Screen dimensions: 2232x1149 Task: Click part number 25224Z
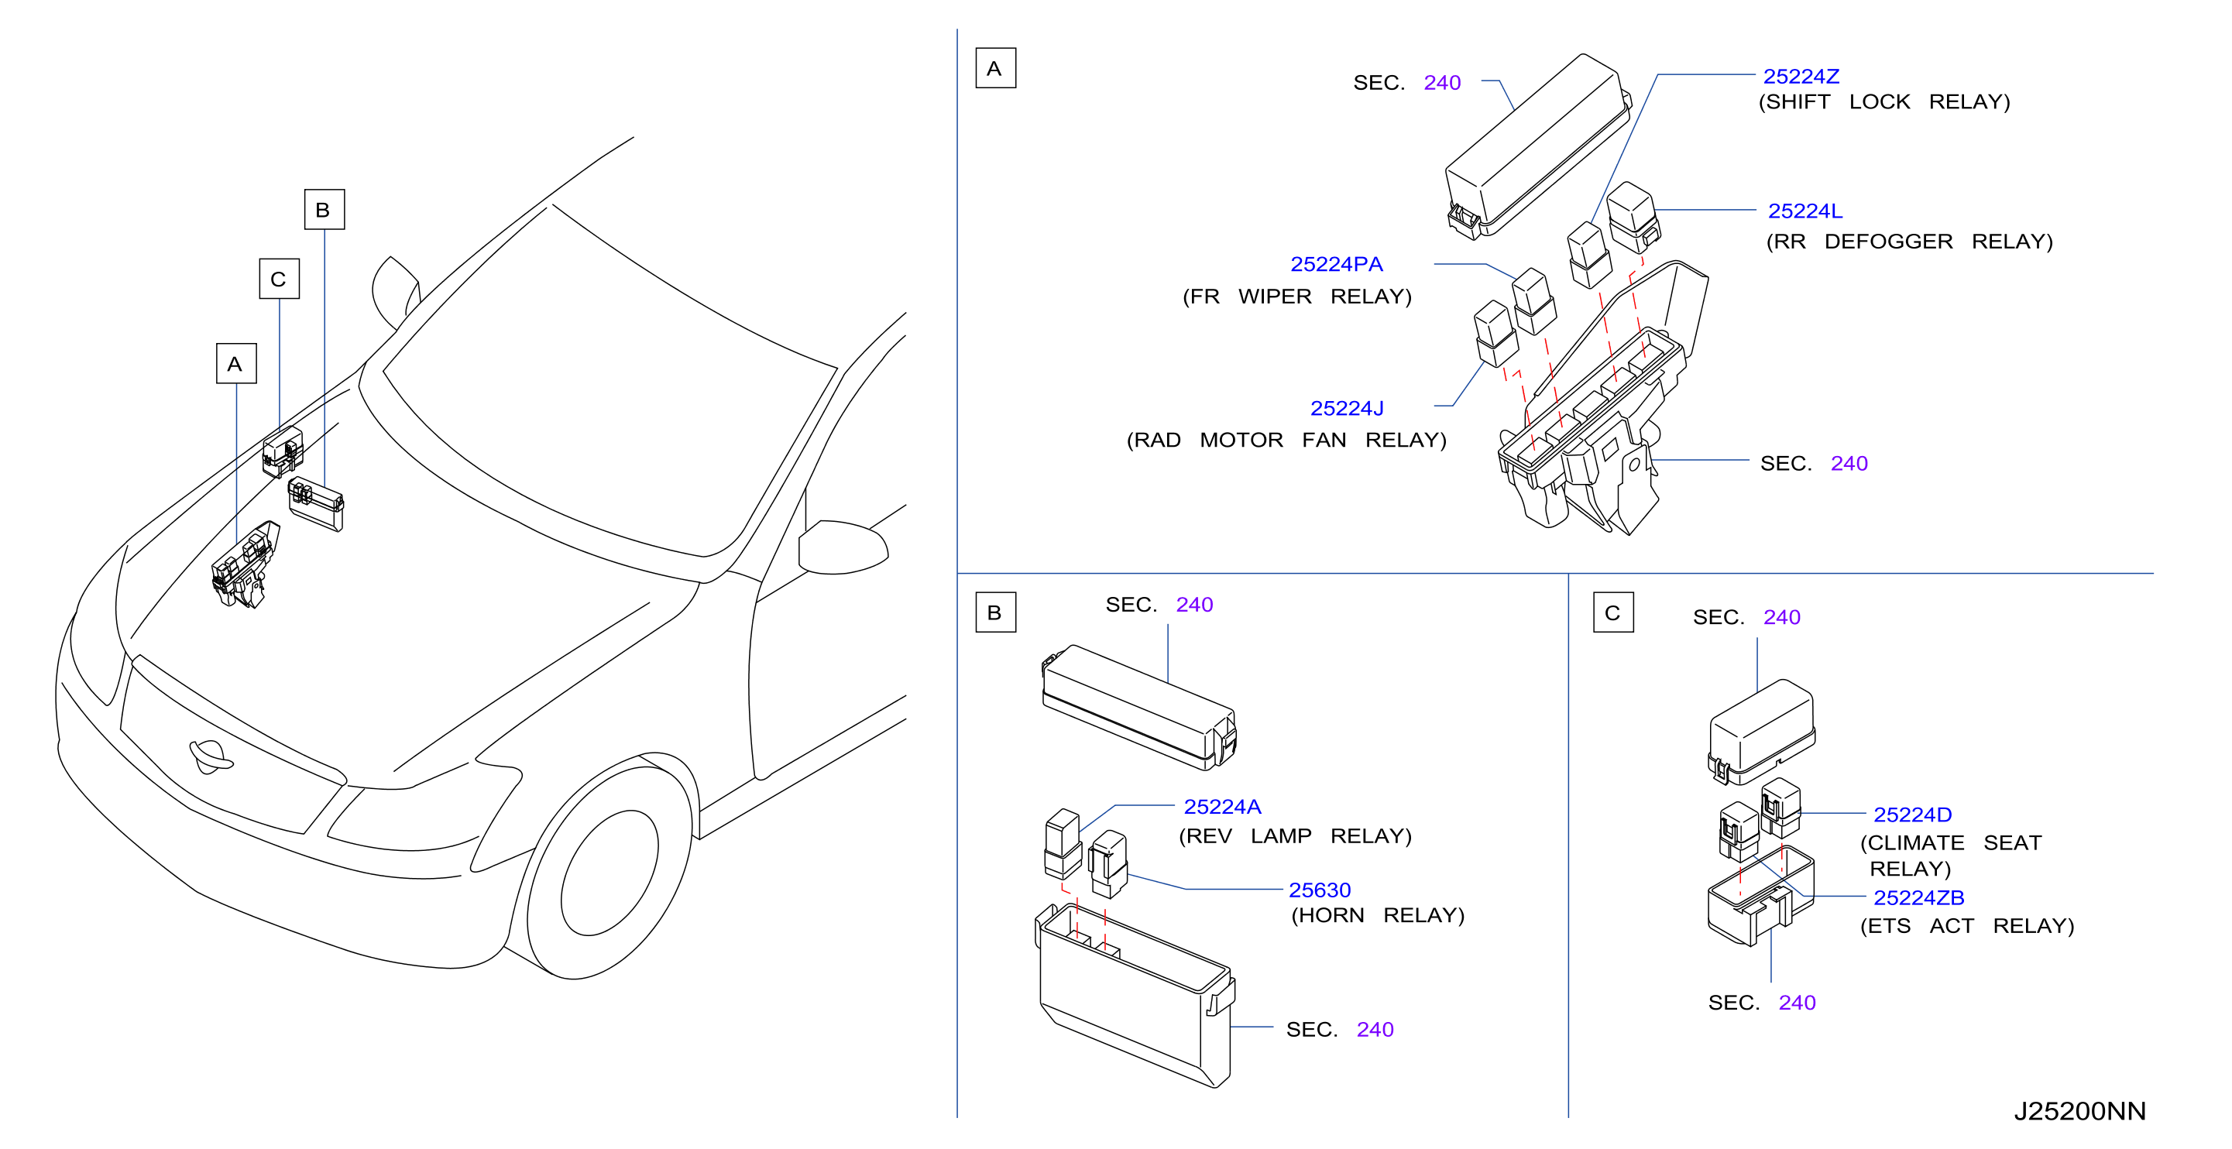pyautogui.click(x=1801, y=76)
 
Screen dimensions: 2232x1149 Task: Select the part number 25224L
pyautogui.click(x=1804, y=211)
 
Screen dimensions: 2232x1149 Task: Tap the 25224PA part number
pyautogui.click(x=1336, y=263)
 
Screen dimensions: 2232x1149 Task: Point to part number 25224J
pyautogui.click(x=1347, y=407)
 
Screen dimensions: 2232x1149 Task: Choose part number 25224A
pyautogui.click(x=1221, y=806)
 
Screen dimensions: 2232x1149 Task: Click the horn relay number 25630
pyautogui.click(x=1319, y=889)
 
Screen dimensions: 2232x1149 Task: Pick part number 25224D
pyautogui.click(x=1912, y=814)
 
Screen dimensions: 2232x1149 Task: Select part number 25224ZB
pyautogui.click(x=1918, y=897)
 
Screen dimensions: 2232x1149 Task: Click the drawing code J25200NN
pyautogui.click(x=2079, y=1110)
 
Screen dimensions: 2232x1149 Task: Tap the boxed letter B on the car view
pyautogui.click(x=324, y=209)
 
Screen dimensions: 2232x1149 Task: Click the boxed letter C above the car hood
pyautogui.click(x=279, y=278)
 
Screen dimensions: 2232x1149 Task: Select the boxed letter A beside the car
pyautogui.click(x=235, y=363)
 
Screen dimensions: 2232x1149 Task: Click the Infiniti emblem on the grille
pyautogui.click(x=211, y=756)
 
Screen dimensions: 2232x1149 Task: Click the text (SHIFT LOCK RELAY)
pyautogui.click(x=1883, y=101)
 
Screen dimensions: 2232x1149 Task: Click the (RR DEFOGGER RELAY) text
pyautogui.click(x=1909, y=241)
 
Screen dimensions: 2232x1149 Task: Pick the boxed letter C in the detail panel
pyautogui.click(x=1612, y=612)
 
